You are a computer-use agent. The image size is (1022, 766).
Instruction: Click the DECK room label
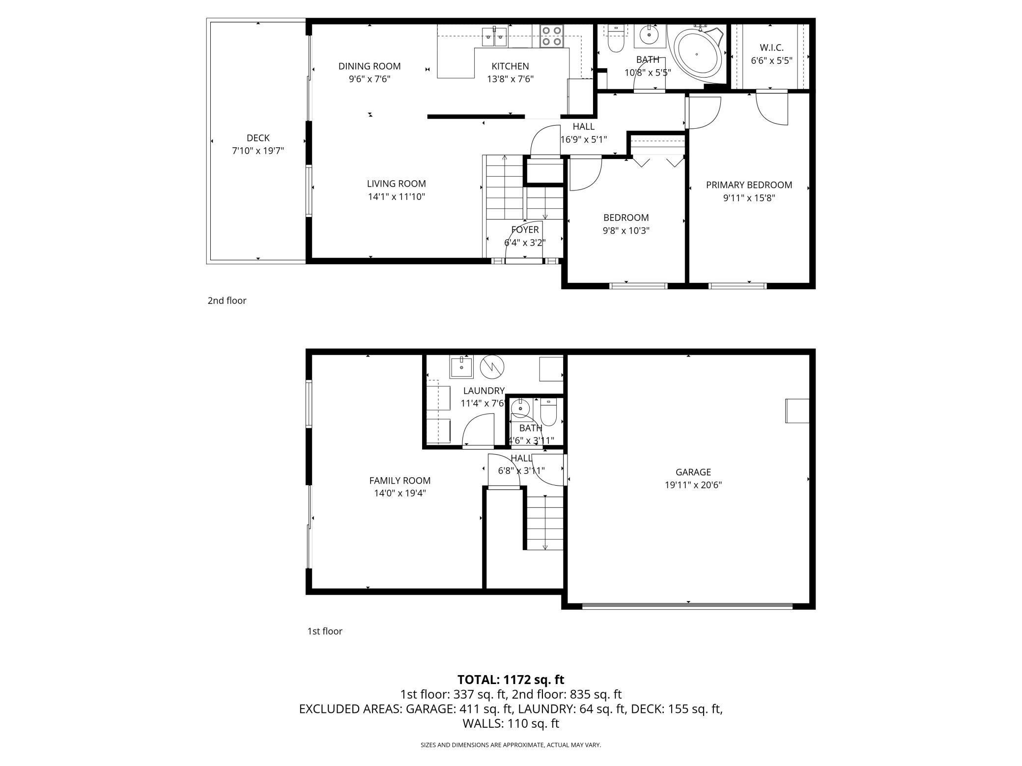pyautogui.click(x=258, y=138)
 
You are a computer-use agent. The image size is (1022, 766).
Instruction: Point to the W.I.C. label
pyautogui.click(x=771, y=48)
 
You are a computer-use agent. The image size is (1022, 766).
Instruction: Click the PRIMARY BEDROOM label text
pyautogui.click(x=749, y=185)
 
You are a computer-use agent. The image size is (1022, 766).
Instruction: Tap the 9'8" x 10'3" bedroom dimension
pyautogui.click(x=626, y=231)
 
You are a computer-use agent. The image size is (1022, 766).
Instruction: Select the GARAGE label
pyautogui.click(x=693, y=472)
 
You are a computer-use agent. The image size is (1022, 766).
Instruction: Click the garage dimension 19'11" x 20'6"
pyautogui.click(x=693, y=485)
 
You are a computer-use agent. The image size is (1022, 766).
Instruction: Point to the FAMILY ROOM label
pyautogui.click(x=400, y=481)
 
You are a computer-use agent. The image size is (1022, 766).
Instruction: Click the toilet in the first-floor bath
pyautogui.click(x=548, y=412)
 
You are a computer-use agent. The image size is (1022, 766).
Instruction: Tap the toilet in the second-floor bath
pyautogui.click(x=616, y=39)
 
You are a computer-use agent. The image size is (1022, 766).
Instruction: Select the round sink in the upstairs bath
pyautogui.click(x=650, y=35)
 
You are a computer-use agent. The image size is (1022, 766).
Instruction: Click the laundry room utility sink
pyautogui.click(x=461, y=367)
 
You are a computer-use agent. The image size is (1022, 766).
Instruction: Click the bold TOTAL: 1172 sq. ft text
pyautogui.click(x=511, y=680)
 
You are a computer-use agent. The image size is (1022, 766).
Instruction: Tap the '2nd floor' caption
pyautogui.click(x=227, y=301)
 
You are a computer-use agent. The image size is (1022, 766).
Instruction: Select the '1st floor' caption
pyautogui.click(x=325, y=631)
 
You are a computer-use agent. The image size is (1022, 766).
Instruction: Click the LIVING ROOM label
pyautogui.click(x=397, y=184)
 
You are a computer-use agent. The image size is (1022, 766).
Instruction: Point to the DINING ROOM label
pyautogui.click(x=369, y=66)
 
